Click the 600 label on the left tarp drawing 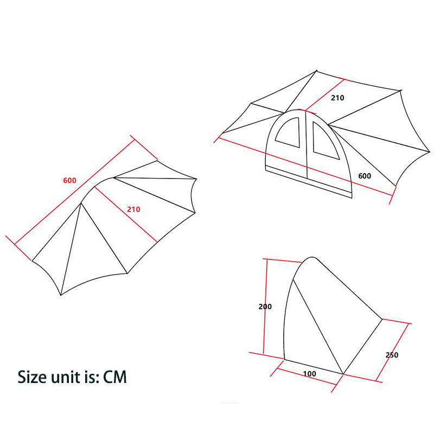click(x=69, y=181)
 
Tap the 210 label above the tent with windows click(x=337, y=98)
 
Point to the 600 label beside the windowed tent click(x=365, y=176)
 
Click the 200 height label click(x=265, y=307)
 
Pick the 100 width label click(x=309, y=374)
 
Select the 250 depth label click(x=392, y=355)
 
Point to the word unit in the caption click(x=69, y=376)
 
